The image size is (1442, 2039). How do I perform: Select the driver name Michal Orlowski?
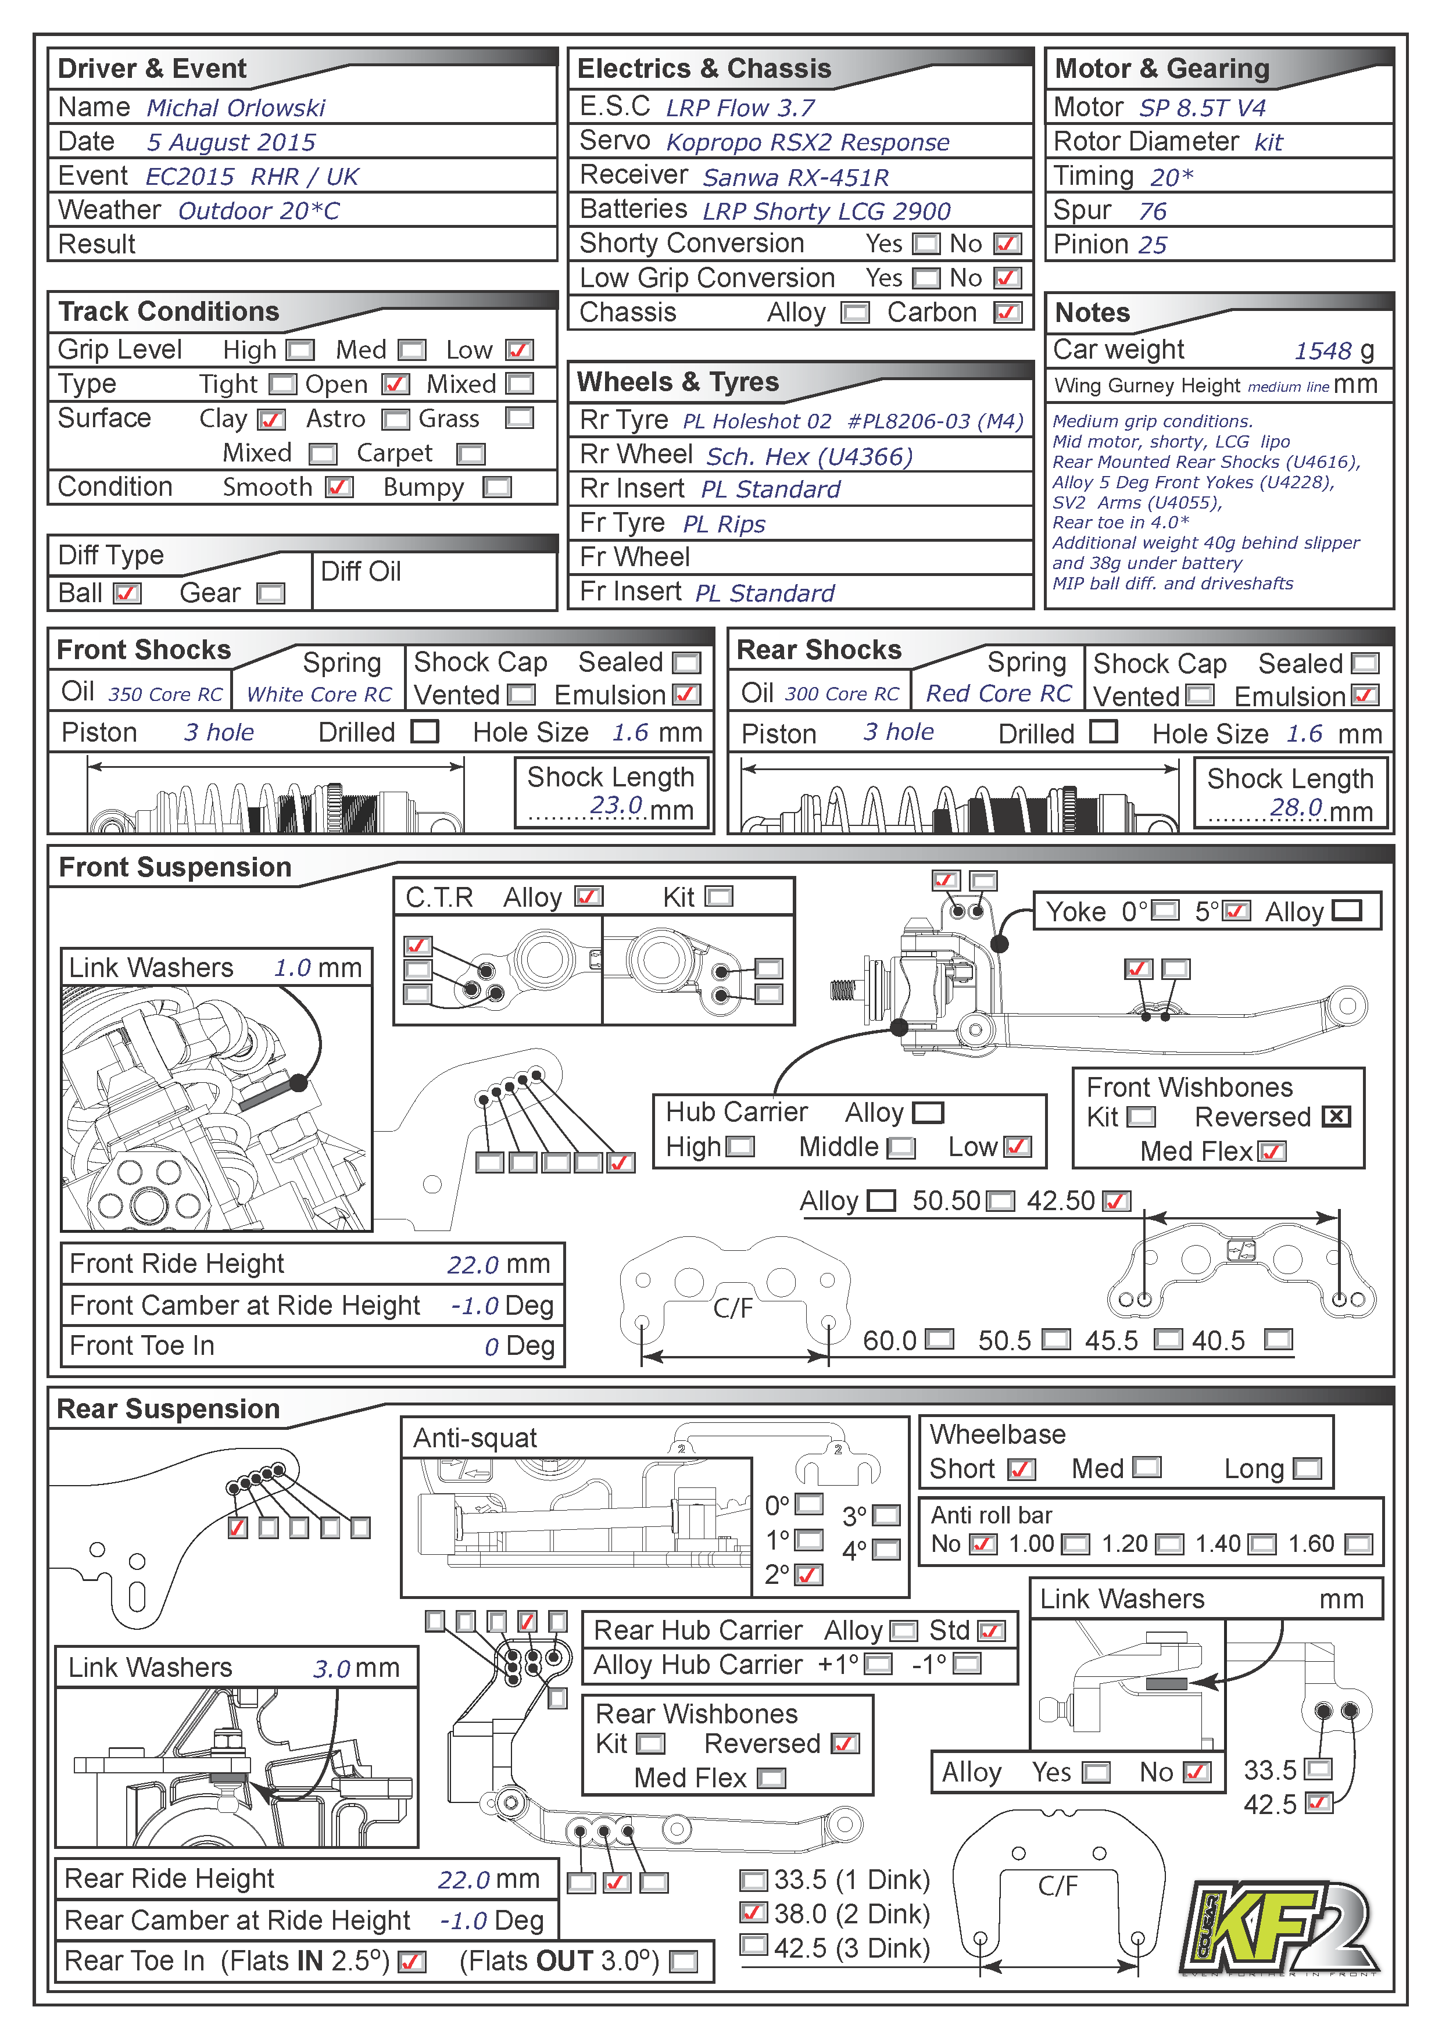[x=235, y=108]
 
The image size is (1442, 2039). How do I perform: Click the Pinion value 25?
[x=1153, y=245]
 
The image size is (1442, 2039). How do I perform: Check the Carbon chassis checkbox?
[x=1007, y=313]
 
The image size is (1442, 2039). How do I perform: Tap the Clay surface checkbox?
[x=271, y=419]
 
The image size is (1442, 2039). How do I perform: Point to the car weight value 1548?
[x=1322, y=352]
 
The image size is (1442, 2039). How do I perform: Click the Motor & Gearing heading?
[x=1161, y=69]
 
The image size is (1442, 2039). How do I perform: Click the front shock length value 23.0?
[x=616, y=806]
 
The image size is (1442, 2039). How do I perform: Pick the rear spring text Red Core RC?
[x=998, y=693]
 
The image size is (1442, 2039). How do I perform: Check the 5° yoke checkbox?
[x=1237, y=911]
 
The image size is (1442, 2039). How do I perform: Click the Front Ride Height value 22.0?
[x=473, y=1265]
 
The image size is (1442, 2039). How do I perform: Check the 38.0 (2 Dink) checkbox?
[x=753, y=1913]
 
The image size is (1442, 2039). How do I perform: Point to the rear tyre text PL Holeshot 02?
[x=757, y=422]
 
